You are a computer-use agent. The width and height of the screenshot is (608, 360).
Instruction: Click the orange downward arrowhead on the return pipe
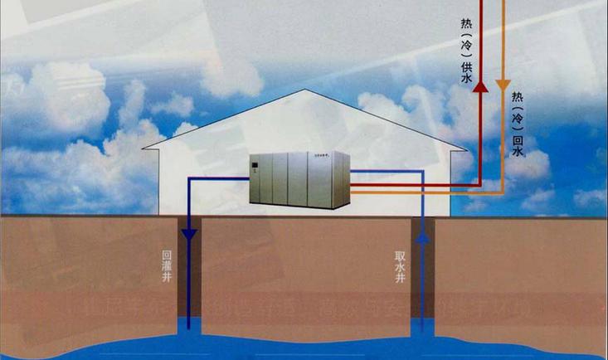point(502,85)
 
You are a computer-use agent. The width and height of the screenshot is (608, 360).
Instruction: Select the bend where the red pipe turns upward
point(480,185)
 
